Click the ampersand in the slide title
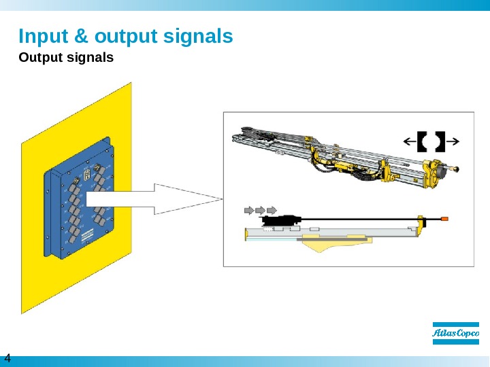(x=81, y=35)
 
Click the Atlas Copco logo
(x=456, y=333)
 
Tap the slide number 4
(x=8, y=358)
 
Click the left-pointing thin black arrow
(x=409, y=141)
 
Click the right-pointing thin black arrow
(x=453, y=141)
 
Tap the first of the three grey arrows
(x=248, y=208)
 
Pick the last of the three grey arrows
(x=272, y=208)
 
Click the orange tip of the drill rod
(x=444, y=219)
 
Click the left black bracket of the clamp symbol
(x=422, y=141)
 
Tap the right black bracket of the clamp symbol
(x=439, y=141)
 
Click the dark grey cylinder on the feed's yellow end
(x=445, y=168)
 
